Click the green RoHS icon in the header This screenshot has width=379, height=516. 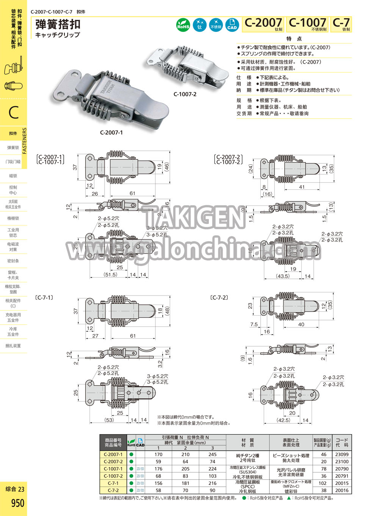pos(183,25)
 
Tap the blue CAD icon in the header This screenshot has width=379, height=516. pos(232,25)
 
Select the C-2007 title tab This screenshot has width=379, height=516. pos(263,23)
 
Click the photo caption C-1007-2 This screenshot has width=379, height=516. pos(185,94)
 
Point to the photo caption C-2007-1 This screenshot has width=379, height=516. pos(111,133)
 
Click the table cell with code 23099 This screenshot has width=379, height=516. pos(341,454)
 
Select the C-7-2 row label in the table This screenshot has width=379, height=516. pos(113,490)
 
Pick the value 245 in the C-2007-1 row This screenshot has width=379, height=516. pos(212,454)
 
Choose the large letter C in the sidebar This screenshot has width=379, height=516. pos(14,113)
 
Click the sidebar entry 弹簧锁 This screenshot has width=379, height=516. pos(13,148)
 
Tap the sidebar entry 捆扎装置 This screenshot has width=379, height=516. pos(13,346)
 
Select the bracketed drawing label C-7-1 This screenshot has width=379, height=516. pos(44,298)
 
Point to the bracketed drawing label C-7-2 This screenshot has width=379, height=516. pos(219,298)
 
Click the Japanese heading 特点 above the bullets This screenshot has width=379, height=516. pos(294,39)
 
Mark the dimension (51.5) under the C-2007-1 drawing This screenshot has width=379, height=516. pos(110,275)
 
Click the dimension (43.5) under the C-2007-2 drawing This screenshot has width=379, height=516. pos(283,276)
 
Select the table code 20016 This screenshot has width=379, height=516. pos(341,490)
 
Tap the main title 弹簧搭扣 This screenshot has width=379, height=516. pos(58,25)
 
